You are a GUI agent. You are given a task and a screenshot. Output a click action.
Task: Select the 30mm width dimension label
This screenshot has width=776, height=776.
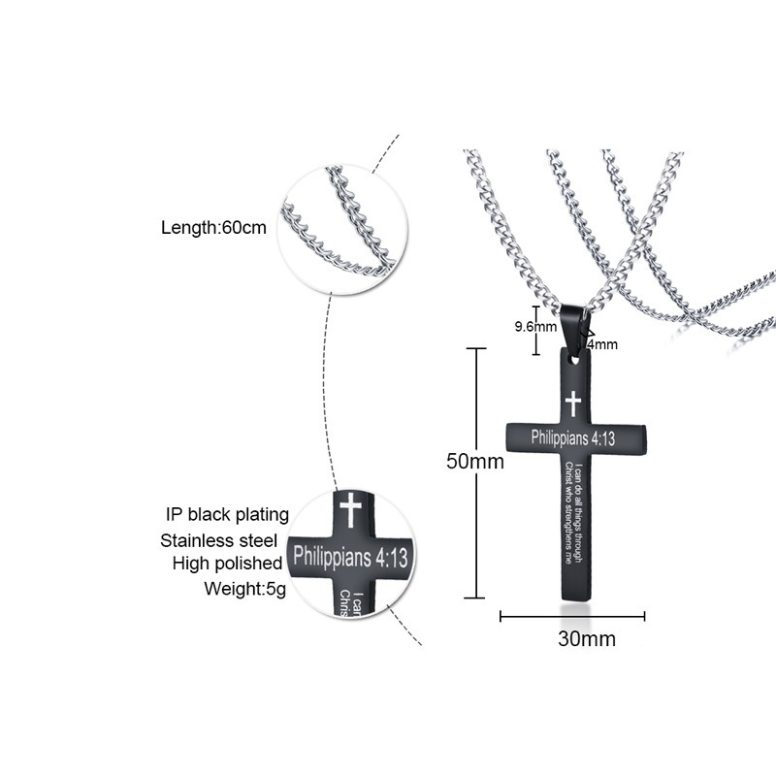[x=586, y=639]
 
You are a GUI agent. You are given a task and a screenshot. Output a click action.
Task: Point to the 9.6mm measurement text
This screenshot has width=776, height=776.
[x=534, y=326]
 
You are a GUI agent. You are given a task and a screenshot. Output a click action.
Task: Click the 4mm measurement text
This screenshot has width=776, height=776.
[x=601, y=343]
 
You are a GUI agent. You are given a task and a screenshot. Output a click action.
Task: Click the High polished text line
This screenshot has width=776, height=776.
[x=227, y=564]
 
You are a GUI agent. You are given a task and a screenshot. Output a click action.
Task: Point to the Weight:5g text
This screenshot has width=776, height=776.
[x=242, y=588]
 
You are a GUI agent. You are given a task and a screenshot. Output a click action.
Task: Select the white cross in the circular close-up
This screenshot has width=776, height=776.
[x=346, y=508]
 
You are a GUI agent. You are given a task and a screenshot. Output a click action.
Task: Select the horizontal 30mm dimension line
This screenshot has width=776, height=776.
[x=572, y=615]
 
